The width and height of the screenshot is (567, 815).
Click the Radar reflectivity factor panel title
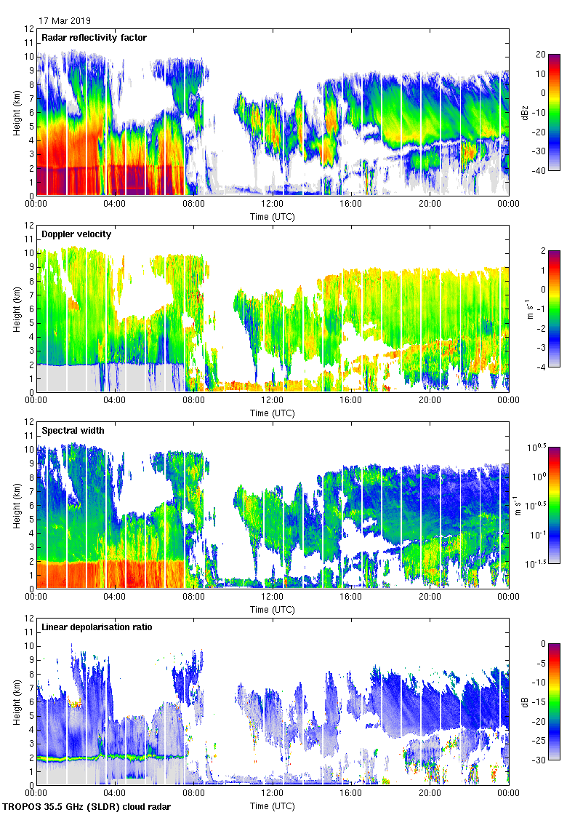point(94,37)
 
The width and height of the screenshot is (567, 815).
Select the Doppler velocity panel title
point(73,234)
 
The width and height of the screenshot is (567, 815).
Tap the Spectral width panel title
point(73,430)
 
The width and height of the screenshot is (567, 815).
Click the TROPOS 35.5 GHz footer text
point(87,806)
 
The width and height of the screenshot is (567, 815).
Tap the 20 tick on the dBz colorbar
point(541,55)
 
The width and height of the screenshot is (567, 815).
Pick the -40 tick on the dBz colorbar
point(541,171)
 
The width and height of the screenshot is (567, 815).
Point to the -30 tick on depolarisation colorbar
point(541,760)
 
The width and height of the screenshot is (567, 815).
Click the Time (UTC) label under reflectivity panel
point(273,217)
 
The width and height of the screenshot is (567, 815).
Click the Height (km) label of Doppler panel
point(16,309)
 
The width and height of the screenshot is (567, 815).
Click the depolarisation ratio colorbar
point(553,702)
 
